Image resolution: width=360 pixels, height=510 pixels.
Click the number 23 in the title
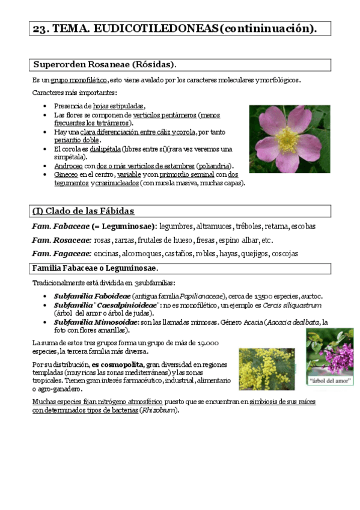[x=40, y=28]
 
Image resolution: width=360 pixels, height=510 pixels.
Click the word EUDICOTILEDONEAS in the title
[x=141, y=28]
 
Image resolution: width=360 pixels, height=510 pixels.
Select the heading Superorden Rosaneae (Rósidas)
[x=104, y=64]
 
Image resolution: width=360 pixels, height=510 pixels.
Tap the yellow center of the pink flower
[x=286, y=139]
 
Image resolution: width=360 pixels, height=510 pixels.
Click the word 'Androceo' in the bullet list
[x=68, y=165]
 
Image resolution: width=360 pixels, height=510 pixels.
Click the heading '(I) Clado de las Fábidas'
[x=83, y=211]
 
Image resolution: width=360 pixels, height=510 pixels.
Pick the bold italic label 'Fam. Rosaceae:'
[x=61, y=240]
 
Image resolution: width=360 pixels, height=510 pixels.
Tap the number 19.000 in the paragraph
[x=207, y=342]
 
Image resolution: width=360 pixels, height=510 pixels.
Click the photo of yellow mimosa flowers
[x=266, y=369]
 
